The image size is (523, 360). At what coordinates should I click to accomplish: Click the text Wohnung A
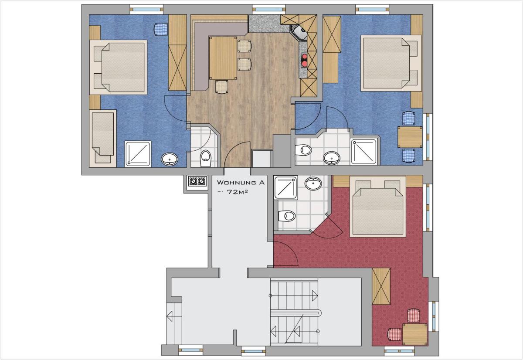(241, 183)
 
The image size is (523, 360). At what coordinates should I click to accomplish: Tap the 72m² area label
(233, 192)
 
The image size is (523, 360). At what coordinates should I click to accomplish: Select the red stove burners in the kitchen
(304, 60)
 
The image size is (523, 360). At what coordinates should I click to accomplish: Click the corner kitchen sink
(299, 33)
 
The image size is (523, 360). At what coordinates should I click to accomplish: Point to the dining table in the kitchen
(223, 58)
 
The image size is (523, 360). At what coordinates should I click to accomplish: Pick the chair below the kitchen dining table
(221, 87)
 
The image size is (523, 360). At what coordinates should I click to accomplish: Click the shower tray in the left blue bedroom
(138, 153)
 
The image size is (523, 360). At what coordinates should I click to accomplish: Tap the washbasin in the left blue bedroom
(170, 159)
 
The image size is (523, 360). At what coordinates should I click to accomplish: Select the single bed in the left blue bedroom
(103, 138)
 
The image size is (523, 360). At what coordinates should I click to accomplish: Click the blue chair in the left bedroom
(161, 30)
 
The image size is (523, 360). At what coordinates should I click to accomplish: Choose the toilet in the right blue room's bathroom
(303, 150)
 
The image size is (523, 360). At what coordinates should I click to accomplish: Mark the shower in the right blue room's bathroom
(364, 152)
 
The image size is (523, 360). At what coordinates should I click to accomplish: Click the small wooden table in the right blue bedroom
(410, 137)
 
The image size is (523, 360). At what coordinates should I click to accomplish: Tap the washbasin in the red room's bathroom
(313, 183)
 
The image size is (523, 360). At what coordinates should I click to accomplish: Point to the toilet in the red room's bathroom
(287, 216)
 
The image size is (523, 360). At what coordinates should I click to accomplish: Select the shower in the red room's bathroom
(286, 188)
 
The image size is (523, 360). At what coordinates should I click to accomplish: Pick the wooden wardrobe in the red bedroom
(381, 286)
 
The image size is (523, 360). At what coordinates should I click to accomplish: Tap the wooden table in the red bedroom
(415, 334)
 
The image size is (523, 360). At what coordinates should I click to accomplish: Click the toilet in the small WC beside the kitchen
(206, 158)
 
